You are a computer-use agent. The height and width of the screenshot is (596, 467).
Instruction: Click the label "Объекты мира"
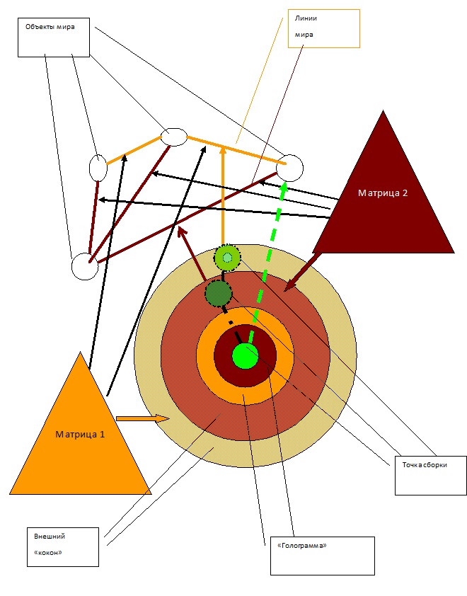coord(50,27)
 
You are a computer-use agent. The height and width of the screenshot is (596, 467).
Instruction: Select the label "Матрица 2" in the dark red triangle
coord(382,193)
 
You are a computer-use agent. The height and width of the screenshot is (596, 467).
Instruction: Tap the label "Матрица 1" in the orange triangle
coord(80,434)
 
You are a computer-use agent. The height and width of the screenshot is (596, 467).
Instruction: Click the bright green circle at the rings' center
coord(245,355)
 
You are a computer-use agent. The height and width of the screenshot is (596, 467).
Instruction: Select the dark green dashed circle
coord(218,292)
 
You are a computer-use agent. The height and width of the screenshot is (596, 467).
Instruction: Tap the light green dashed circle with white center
coord(227,258)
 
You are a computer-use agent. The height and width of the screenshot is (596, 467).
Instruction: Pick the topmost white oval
coord(173,136)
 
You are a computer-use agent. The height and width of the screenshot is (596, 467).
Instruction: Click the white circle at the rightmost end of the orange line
coord(290,168)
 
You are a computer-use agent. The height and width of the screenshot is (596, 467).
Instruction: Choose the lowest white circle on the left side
coord(84,266)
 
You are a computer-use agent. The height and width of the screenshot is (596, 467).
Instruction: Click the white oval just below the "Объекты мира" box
coord(98,167)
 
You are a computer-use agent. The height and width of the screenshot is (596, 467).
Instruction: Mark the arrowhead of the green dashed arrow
coord(284,187)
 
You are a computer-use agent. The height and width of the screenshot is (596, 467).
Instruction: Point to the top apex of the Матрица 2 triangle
coord(383,112)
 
